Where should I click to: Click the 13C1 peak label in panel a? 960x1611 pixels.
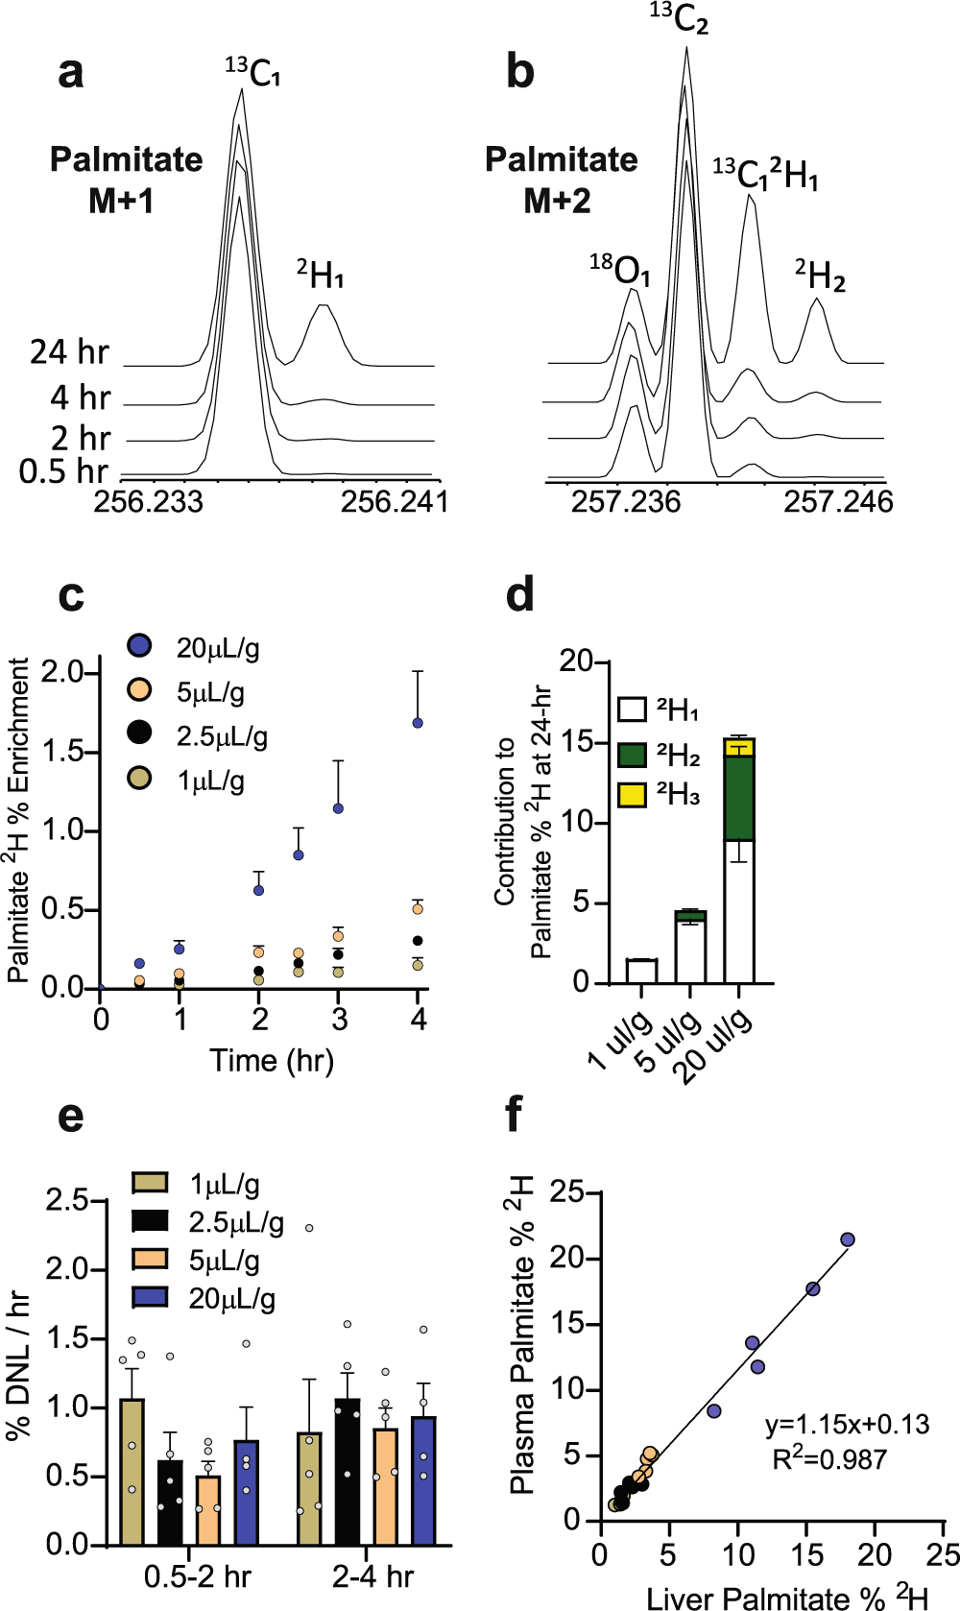[253, 72]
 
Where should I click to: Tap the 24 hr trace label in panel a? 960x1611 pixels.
[69, 352]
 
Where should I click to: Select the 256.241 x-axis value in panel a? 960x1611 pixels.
[395, 501]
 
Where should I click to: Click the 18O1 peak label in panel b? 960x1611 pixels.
[620, 270]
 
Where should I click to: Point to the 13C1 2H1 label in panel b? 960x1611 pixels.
[765, 175]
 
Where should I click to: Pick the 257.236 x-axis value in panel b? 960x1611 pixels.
[626, 501]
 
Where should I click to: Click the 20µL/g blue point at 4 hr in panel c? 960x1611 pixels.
[418, 723]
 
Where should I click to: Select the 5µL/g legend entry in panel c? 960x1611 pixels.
[210, 692]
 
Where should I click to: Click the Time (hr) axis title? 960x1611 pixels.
[272, 1060]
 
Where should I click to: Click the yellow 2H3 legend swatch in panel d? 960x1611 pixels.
[632, 795]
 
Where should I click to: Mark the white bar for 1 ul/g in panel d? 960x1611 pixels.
[641, 971]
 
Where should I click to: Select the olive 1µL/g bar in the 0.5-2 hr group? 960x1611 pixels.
[132, 1471]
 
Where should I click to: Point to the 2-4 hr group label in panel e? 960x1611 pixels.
[373, 1576]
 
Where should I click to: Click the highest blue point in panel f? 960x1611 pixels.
[848, 1239]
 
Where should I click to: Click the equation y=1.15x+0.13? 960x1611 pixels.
[847, 1424]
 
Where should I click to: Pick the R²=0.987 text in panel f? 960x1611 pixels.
[829, 1459]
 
